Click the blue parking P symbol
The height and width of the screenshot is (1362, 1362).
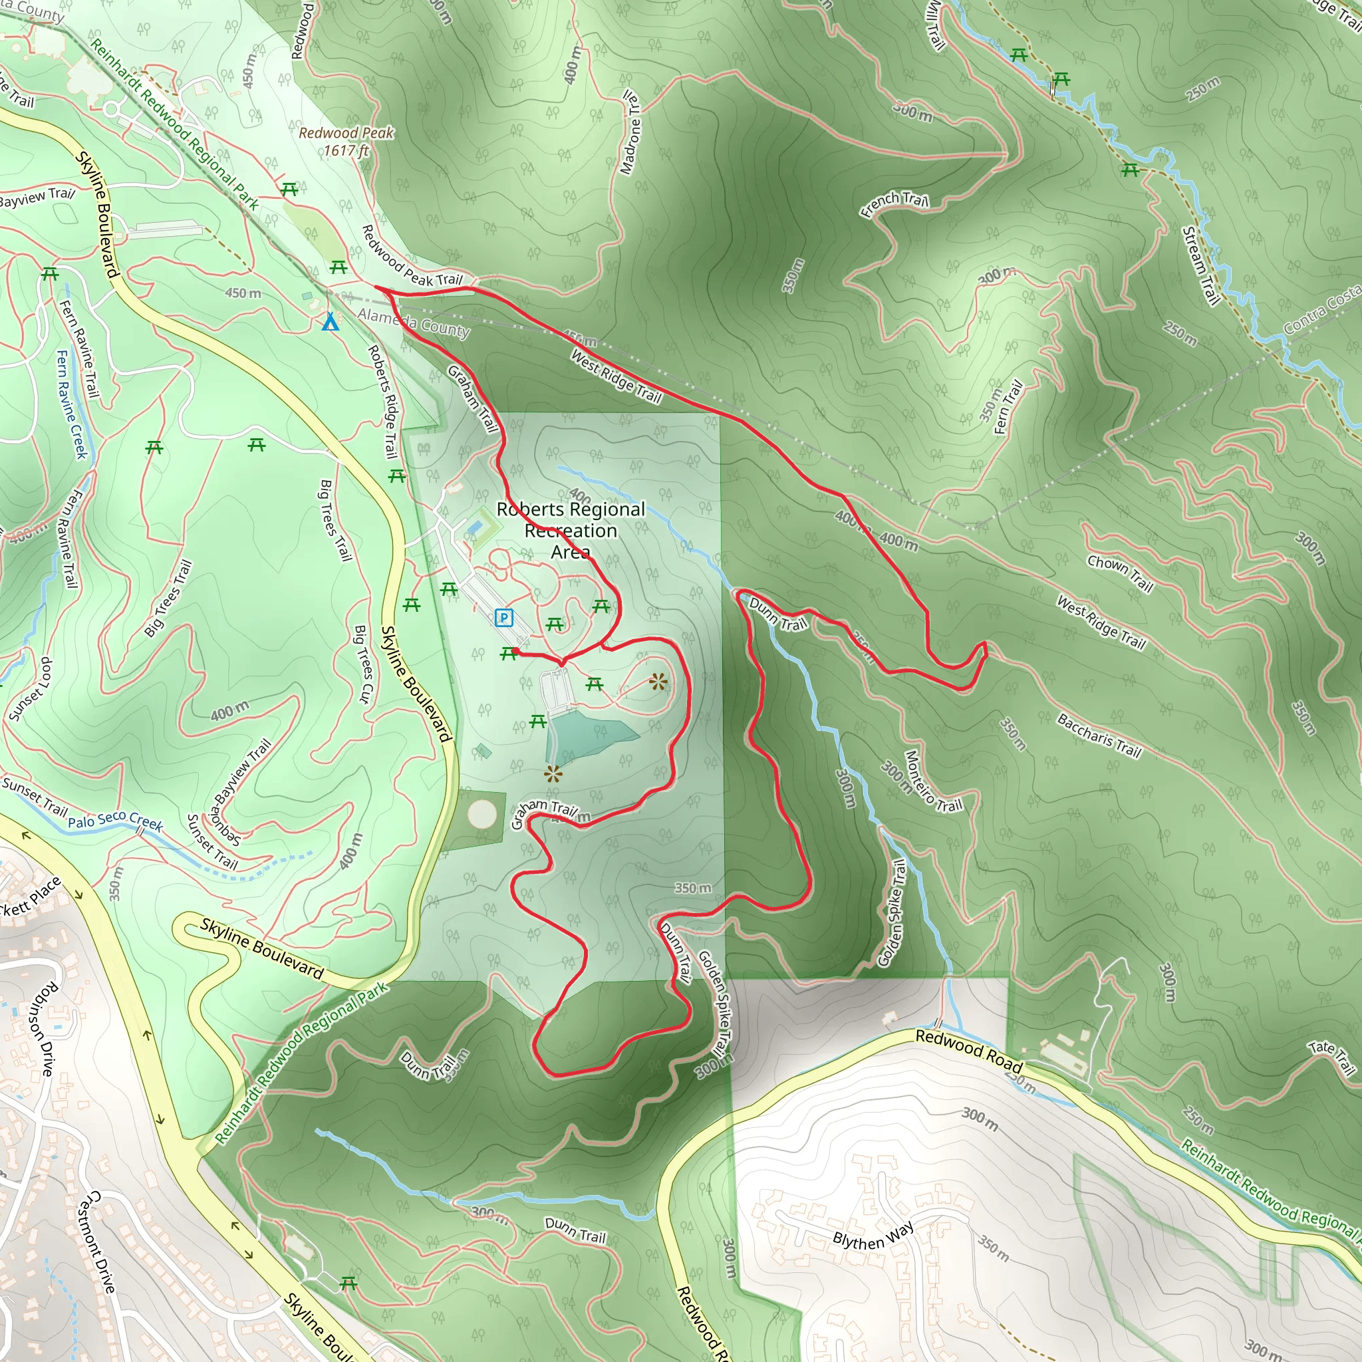(503, 618)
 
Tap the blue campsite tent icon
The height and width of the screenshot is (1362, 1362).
(330, 323)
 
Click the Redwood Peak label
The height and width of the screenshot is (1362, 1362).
(345, 141)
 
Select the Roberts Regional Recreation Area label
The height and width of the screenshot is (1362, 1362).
(571, 530)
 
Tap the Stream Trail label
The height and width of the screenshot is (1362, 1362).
(1200, 266)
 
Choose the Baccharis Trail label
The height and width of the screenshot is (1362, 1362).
(1099, 736)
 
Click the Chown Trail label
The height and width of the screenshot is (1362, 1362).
(1120, 573)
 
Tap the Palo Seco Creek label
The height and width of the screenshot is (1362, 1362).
(116, 821)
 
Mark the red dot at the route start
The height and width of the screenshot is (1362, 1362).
(515, 650)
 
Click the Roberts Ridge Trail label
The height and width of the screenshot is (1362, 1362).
(384, 401)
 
